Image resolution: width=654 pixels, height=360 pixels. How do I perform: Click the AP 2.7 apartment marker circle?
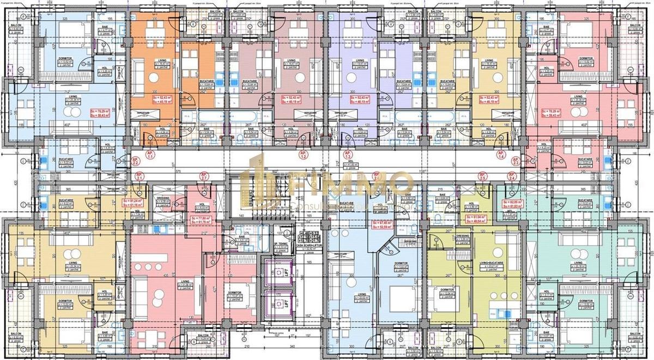coord(204,176)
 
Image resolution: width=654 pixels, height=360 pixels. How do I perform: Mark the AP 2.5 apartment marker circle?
coord(482,176)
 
